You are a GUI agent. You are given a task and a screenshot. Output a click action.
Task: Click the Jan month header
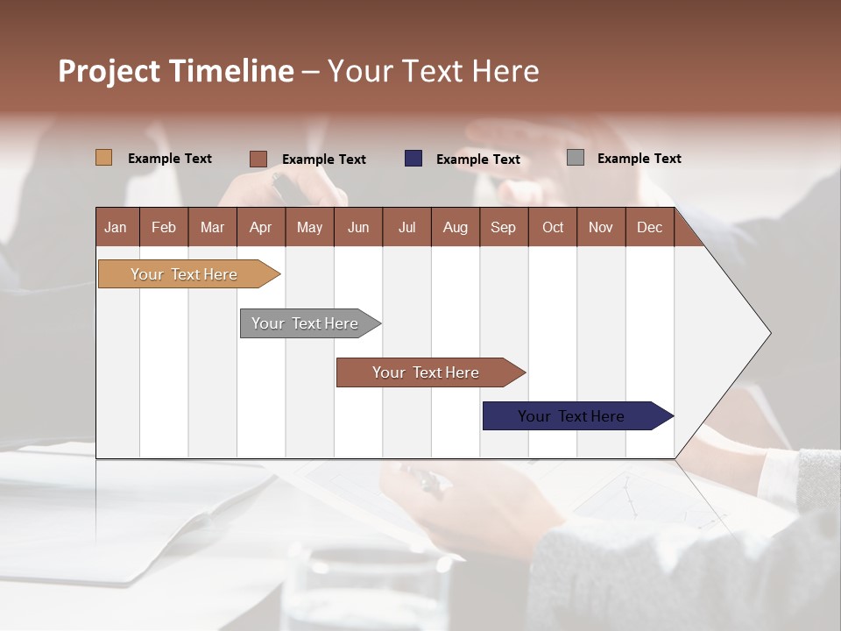click(x=116, y=227)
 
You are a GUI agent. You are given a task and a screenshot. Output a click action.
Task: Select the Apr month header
click(x=260, y=227)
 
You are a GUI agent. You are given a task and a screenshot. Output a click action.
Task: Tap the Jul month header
click(x=406, y=227)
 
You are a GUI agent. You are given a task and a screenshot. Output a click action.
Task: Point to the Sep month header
click(x=503, y=227)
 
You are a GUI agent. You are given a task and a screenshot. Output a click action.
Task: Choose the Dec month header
click(x=649, y=227)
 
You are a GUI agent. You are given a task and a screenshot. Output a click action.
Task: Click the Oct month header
click(x=553, y=227)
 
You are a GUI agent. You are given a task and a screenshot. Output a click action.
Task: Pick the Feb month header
click(x=164, y=227)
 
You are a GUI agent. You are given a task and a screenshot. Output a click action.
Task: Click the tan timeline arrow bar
click(x=185, y=274)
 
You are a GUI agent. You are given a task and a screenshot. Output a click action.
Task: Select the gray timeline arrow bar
click(x=306, y=323)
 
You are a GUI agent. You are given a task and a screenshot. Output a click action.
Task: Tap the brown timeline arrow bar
click(x=427, y=372)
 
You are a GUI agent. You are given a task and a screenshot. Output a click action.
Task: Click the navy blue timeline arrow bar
click(x=572, y=416)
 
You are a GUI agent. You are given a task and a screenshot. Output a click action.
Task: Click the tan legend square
click(x=104, y=158)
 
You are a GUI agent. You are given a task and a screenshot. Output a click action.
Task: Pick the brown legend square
click(x=258, y=159)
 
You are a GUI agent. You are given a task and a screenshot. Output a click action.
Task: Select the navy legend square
click(x=413, y=159)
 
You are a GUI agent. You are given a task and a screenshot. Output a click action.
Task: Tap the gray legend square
click(x=576, y=158)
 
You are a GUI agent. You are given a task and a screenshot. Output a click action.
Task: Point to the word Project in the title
click(x=109, y=70)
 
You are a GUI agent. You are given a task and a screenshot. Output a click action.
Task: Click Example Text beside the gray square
click(x=639, y=158)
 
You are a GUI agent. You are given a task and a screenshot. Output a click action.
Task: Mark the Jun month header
click(x=357, y=227)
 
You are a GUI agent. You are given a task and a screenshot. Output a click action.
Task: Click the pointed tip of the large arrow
click(x=768, y=332)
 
